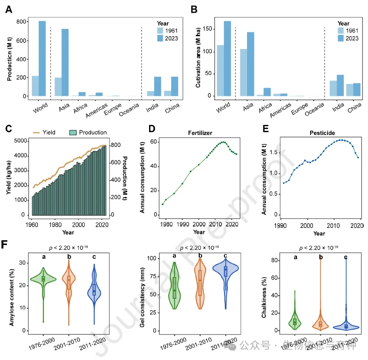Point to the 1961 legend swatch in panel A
click(x=160, y=30)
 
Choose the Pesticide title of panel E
click(x=319, y=132)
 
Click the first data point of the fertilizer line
click(x=162, y=204)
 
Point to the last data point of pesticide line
click(x=358, y=157)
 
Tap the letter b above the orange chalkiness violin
click(x=321, y=257)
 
